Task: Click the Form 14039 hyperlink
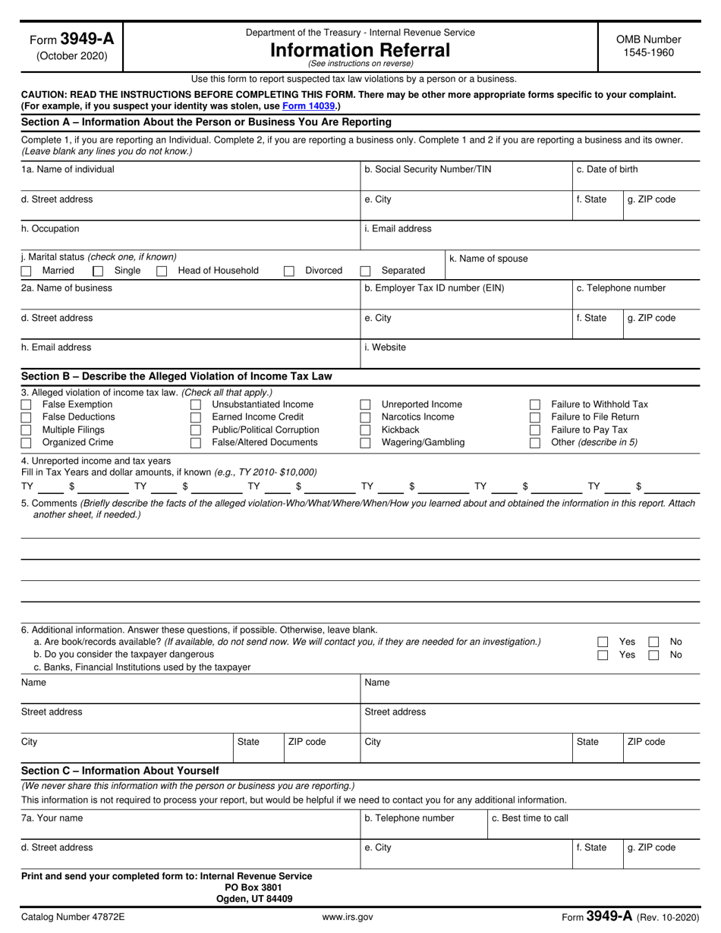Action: click(308, 106)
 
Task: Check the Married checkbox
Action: click(27, 271)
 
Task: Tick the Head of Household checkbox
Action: click(162, 271)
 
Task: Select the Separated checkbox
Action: click(366, 271)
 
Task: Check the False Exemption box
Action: click(27, 405)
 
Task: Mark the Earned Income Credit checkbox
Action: click(196, 417)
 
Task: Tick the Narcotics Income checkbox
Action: click(366, 417)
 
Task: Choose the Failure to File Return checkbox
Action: click(535, 417)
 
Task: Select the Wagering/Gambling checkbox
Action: click(366, 443)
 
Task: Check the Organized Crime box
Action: click(27, 443)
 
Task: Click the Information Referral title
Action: click(360, 50)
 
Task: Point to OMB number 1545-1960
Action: click(648, 53)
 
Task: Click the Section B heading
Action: click(176, 376)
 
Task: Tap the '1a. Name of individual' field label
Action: click(68, 169)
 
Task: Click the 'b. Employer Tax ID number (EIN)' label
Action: click(434, 288)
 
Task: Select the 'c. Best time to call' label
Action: click(530, 818)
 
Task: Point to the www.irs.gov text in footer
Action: click(348, 917)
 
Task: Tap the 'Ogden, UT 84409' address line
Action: click(254, 899)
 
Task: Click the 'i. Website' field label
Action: click(386, 347)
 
